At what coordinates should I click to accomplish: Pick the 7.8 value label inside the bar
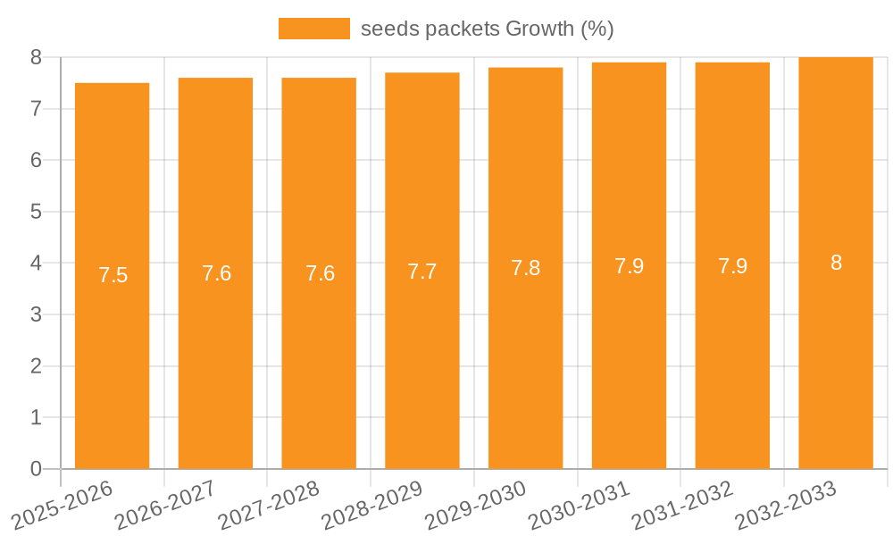[525, 268]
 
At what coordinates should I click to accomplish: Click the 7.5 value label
[113, 275]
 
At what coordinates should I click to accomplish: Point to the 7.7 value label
[422, 272]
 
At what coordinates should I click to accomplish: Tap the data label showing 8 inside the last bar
[836, 263]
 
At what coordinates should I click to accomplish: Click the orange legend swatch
[313, 29]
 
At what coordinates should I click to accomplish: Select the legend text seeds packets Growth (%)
[487, 29]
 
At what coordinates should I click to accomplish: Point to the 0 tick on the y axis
[36, 469]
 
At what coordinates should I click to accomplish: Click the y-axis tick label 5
[36, 212]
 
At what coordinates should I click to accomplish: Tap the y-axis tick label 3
[36, 314]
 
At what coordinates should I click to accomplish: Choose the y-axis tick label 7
[36, 109]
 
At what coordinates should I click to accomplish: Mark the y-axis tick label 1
[36, 417]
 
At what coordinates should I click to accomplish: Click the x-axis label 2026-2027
[166, 504]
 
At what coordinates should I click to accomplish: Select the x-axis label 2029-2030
[476, 504]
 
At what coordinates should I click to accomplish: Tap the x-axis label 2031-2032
[683, 504]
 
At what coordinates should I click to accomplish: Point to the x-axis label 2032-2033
[786, 504]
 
